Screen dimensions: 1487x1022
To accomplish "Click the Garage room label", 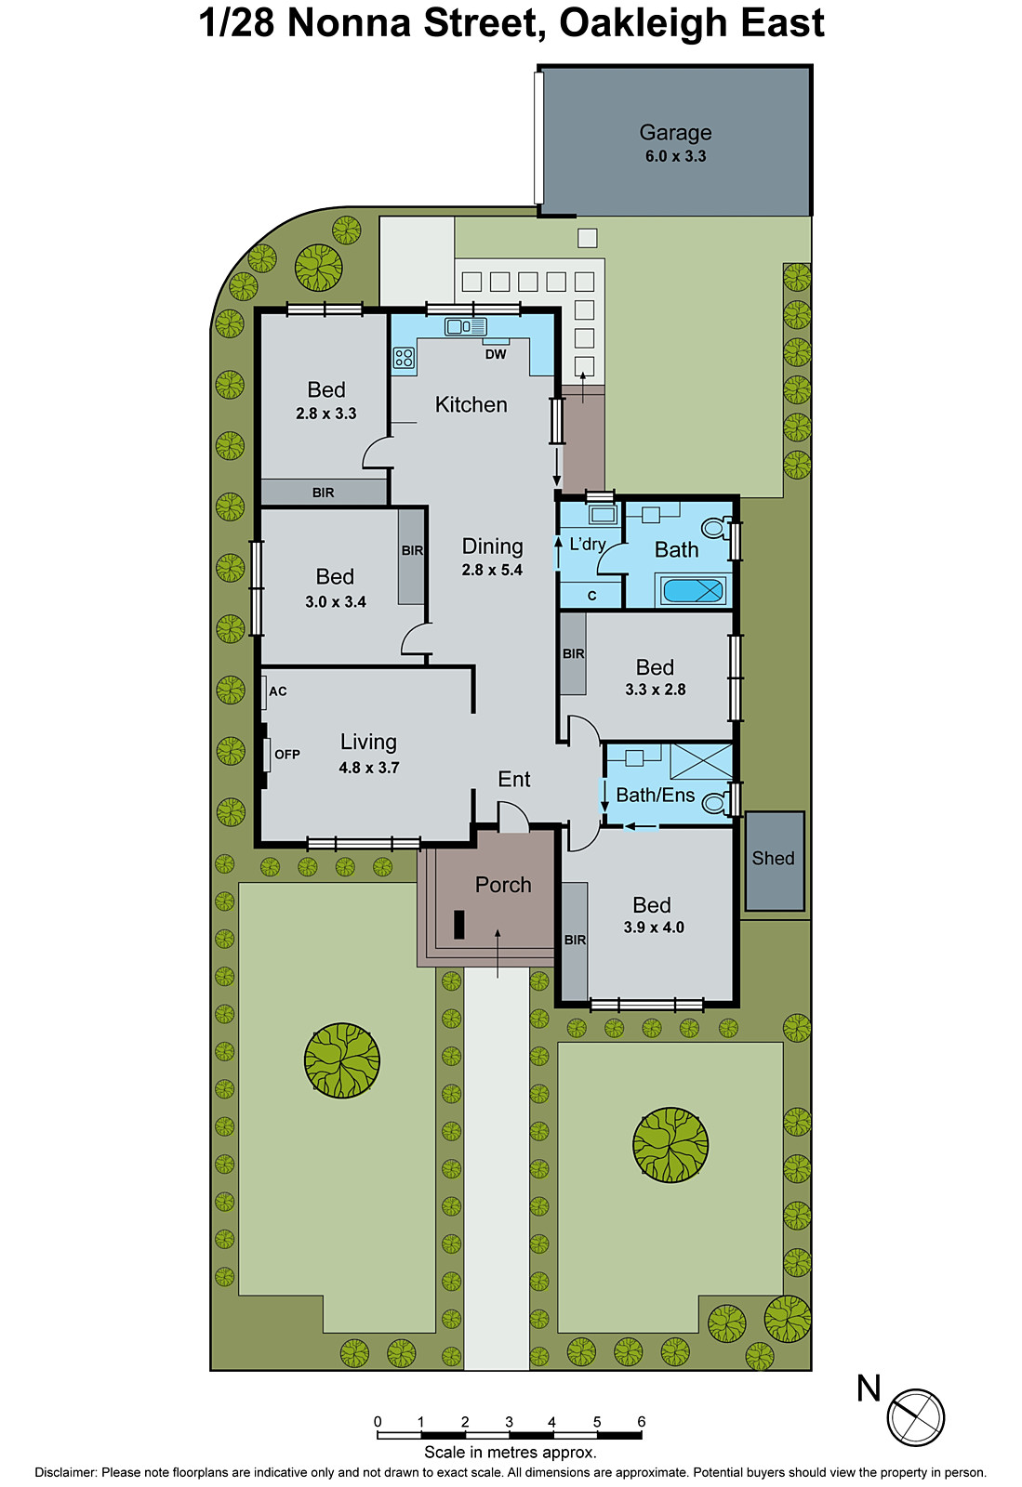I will (x=675, y=133).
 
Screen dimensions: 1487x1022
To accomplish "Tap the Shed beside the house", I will (x=774, y=860).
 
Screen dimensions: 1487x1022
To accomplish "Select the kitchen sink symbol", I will (x=465, y=326).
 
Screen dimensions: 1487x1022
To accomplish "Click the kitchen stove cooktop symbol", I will (x=404, y=358).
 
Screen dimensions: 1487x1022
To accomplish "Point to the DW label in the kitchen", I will (x=496, y=354).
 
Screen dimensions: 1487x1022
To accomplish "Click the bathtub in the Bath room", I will (x=693, y=590).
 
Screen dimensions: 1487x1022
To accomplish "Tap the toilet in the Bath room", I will (x=715, y=528).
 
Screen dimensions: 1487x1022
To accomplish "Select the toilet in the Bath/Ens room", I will (x=714, y=802).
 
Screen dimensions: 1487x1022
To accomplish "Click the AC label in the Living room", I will (x=278, y=691).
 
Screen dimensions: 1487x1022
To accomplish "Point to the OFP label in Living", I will (x=287, y=755).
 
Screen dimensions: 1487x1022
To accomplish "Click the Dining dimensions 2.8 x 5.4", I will (x=492, y=571).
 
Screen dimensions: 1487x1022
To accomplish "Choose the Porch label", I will (x=503, y=885).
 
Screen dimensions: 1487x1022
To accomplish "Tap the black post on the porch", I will (x=458, y=924).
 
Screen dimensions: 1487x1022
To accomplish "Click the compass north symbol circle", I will (x=915, y=1417).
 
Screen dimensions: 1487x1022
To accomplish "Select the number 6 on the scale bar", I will (x=641, y=1422).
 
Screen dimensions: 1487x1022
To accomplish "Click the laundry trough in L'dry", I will (x=602, y=515).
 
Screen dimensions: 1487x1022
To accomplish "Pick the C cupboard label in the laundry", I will (x=591, y=596).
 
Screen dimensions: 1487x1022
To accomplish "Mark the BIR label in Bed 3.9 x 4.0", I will (x=575, y=941).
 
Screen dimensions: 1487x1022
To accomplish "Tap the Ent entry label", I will (x=514, y=780).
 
